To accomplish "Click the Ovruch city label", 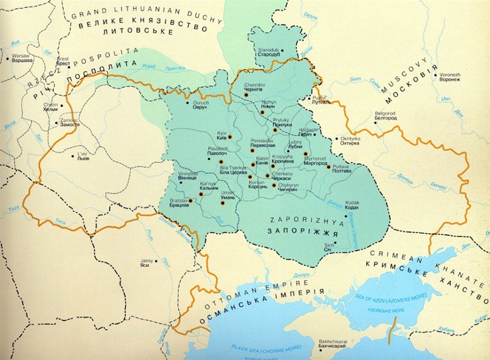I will pyautogui.click(x=201, y=107).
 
